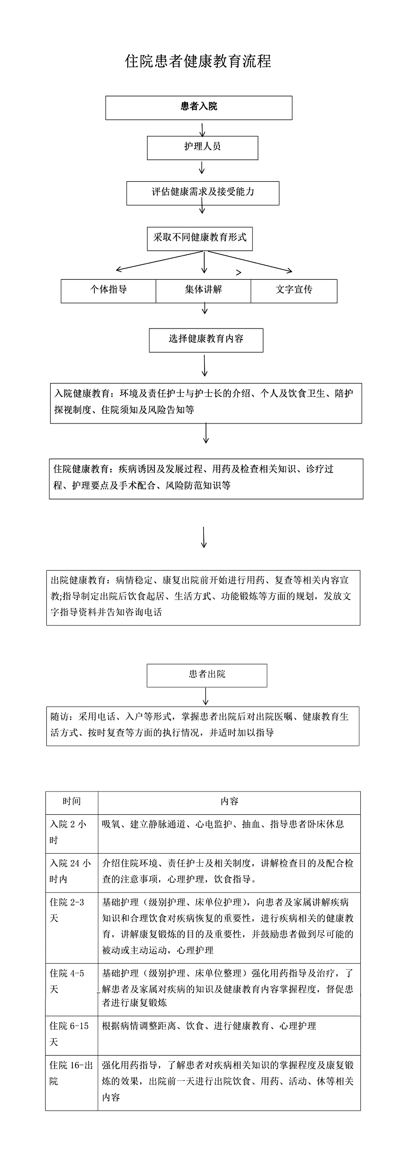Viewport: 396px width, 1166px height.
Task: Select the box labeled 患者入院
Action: pos(199,108)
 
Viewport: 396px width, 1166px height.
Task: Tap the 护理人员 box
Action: pos(202,148)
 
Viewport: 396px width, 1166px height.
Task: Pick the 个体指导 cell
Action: pos(109,291)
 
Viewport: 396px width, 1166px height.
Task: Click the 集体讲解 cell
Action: pos(203,291)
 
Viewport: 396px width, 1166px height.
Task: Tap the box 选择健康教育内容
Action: pos(206,340)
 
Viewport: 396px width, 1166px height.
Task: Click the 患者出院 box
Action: pos(207,675)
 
